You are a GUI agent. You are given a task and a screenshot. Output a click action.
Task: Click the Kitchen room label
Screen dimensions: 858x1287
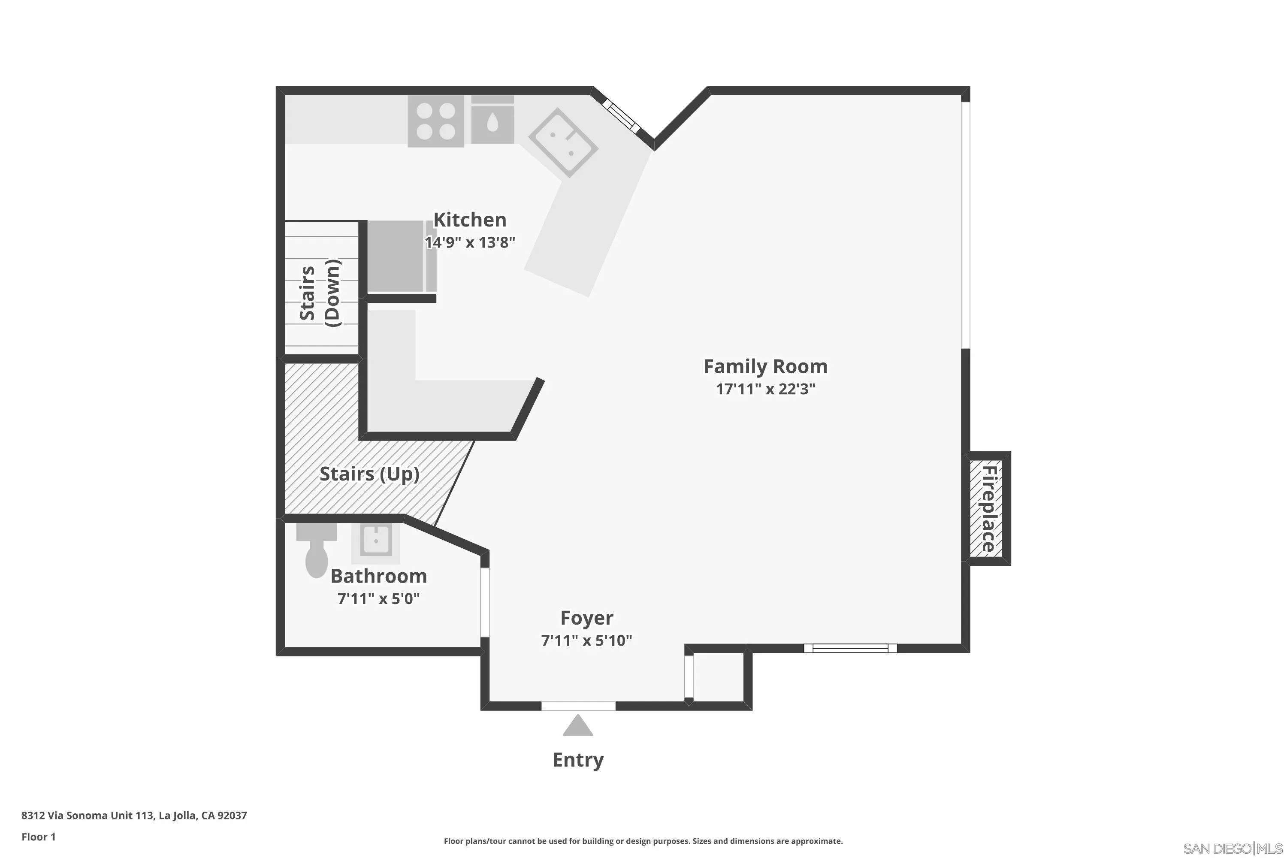469,220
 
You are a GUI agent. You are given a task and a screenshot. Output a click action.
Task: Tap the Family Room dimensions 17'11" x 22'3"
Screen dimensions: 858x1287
765,389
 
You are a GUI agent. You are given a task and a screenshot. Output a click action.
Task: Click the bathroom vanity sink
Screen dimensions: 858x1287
376,541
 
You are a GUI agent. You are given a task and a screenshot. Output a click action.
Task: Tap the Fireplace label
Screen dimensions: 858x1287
989,508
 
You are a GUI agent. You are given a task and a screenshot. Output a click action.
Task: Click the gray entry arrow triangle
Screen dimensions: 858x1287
578,726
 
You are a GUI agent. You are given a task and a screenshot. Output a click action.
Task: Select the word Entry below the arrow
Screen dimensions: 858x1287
578,760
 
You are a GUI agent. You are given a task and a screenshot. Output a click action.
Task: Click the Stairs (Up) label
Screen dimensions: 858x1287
369,474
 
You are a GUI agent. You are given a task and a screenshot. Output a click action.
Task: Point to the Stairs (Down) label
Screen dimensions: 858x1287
320,293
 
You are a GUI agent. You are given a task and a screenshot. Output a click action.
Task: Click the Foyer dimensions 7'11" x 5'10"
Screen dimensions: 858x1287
586,640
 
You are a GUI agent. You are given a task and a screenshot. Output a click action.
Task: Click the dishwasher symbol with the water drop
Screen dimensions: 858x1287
492,121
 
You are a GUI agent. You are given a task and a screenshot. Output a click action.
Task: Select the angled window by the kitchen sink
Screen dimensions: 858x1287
621,115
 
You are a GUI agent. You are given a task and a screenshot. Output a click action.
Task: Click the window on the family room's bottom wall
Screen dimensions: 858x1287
850,648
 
